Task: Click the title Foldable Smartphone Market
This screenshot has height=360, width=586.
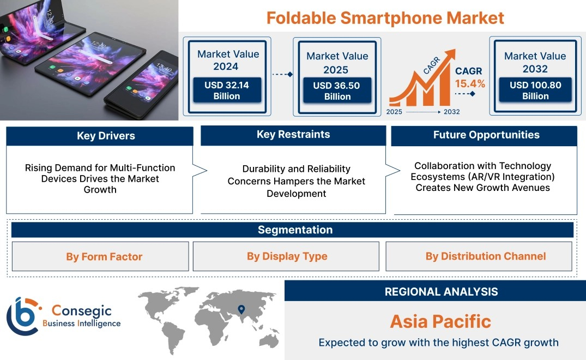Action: pos(385,18)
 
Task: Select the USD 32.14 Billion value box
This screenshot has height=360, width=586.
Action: pos(227,90)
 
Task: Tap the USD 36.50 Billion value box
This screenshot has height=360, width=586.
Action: pos(337,91)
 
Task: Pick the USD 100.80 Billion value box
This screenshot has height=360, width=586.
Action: pos(535,90)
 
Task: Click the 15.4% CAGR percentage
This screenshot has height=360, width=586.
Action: pos(470,84)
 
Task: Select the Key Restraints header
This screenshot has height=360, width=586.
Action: pos(293,135)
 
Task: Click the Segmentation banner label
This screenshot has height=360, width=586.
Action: pos(295,230)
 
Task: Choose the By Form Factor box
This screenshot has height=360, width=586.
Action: pos(100,256)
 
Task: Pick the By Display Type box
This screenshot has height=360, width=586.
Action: pos(286,256)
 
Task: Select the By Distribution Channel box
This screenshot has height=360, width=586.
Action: pos(479,256)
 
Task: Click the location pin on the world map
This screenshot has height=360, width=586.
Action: pos(241,309)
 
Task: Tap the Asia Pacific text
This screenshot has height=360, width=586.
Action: pos(440,321)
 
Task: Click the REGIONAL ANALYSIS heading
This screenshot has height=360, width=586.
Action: pos(442,292)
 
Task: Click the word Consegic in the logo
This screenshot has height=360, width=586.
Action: pos(81,310)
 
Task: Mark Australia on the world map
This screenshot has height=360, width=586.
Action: pos(269,340)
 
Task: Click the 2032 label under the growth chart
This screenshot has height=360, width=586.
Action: pos(451,112)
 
